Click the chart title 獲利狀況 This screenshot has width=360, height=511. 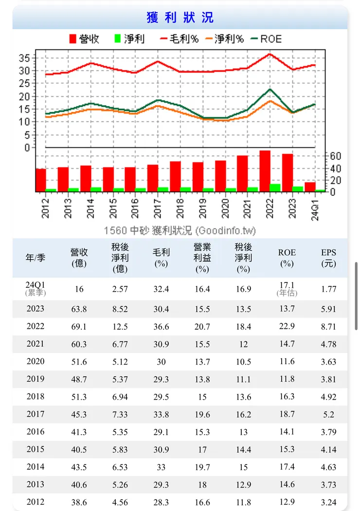pyautogui.click(x=180, y=18)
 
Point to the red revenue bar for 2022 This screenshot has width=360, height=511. pyautogui.click(x=265, y=171)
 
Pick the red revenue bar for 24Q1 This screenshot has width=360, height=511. pyautogui.click(x=310, y=187)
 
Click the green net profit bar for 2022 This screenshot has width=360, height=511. pyautogui.click(x=275, y=188)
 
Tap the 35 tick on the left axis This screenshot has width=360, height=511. pyautogui.click(x=24, y=58)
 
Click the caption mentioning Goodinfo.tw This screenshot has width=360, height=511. pyautogui.click(x=180, y=230)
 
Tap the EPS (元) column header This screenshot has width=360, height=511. pyautogui.click(x=328, y=258)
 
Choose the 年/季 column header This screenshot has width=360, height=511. pyautogui.click(x=35, y=258)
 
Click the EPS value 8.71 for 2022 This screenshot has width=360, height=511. pyautogui.click(x=328, y=327)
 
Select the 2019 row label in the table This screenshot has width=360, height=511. pyautogui.click(x=35, y=379)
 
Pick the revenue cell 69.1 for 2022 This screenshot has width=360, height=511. pyautogui.click(x=79, y=327)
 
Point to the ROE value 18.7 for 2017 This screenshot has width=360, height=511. pyautogui.click(x=287, y=414)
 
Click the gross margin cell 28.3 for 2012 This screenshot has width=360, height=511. pyautogui.click(x=161, y=502)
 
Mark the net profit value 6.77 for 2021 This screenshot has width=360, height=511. pyautogui.click(x=120, y=344)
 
